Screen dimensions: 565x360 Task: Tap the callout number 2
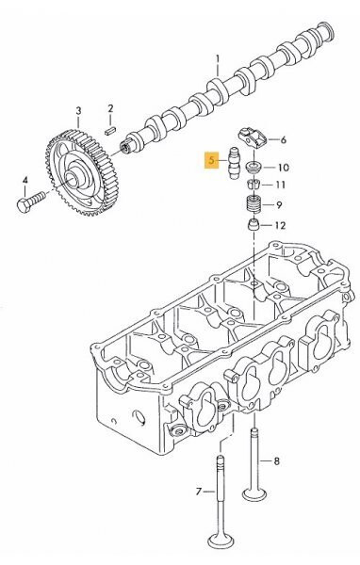click(110, 109)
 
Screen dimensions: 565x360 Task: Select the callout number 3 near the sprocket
click(77, 112)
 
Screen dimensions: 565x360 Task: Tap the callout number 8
click(276, 461)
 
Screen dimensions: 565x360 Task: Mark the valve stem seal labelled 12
click(253, 227)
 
